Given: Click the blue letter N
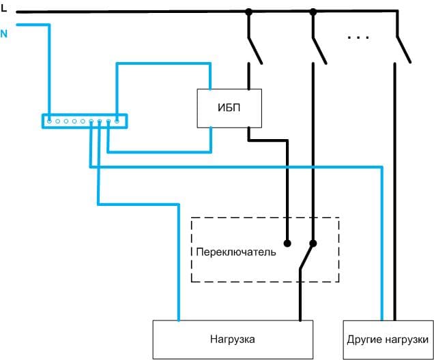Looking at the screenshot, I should (x=4, y=32).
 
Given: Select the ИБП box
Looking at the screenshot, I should (x=228, y=108).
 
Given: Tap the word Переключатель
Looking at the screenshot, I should (x=235, y=252).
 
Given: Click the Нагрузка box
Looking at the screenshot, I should (x=233, y=339).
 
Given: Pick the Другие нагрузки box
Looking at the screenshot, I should (x=387, y=339).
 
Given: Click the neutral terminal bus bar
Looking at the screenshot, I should (x=83, y=121).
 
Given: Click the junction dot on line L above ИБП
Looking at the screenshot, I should (x=248, y=12).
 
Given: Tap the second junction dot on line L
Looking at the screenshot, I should (x=313, y=12).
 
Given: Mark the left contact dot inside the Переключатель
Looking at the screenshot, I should (x=288, y=243).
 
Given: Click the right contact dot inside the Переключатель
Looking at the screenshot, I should (x=313, y=243).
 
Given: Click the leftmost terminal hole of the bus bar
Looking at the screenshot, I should (x=48, y=121).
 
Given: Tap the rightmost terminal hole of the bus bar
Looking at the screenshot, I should (x=117, y=121).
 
